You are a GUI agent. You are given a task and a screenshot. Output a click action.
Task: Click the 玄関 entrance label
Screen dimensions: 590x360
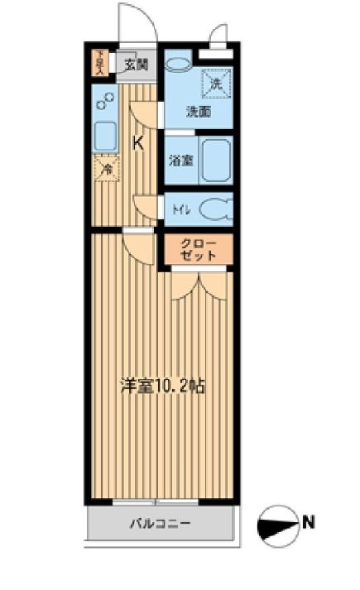[137, 63]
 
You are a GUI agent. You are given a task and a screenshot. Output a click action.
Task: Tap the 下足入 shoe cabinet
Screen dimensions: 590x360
[99, 64]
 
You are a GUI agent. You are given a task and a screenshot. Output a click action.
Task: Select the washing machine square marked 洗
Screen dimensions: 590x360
[216, 82]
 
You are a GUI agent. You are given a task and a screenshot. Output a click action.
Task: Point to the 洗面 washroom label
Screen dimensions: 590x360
[198, 112]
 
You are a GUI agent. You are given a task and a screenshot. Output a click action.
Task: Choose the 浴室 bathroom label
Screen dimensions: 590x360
[181, 160]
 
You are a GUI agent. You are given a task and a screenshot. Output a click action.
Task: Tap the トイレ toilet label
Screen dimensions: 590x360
[181, 210]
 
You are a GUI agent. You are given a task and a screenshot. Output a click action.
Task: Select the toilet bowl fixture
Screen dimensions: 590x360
[215, 210]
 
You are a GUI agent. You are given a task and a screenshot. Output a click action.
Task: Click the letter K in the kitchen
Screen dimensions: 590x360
[139, 142]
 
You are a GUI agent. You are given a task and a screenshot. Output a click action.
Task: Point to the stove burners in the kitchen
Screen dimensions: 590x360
[106, 102]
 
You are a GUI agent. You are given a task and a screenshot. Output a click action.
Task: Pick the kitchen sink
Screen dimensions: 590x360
[106, 135]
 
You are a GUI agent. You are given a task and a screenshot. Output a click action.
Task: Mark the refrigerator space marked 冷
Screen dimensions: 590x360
[106, 169]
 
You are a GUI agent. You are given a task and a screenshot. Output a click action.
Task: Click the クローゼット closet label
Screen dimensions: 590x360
[199, 249]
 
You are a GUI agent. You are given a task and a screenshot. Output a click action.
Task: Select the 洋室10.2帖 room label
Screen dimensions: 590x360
[163, 385]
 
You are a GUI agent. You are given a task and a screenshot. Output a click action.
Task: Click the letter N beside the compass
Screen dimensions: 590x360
[309, 522]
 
